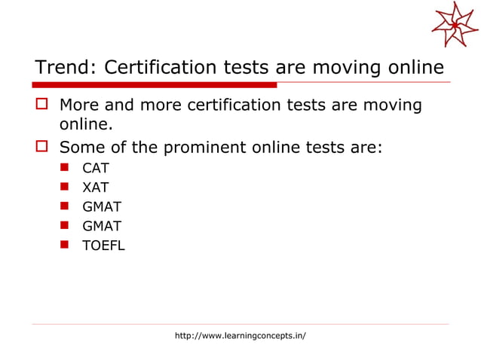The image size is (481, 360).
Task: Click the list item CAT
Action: tap(96, 168)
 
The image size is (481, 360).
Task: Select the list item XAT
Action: tap(96, 187)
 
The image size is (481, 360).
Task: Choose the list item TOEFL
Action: tap(104, 245)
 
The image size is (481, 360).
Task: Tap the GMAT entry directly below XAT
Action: tap(102, 206)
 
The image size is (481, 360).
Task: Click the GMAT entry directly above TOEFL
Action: tap(102, 225)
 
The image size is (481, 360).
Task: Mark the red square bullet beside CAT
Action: tap(66, 168)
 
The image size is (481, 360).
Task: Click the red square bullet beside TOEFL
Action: tap(66, 245)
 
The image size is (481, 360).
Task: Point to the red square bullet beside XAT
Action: tap(66, 187)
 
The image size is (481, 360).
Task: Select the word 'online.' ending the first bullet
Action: tap(85, 123)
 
